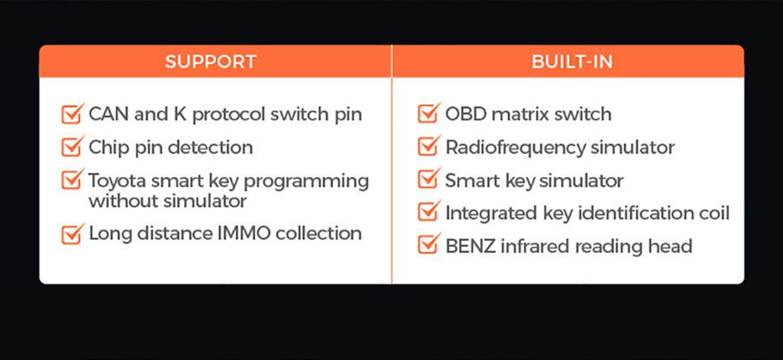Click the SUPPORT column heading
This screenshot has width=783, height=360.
(211, 62)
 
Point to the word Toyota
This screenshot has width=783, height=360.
(117, 181)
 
